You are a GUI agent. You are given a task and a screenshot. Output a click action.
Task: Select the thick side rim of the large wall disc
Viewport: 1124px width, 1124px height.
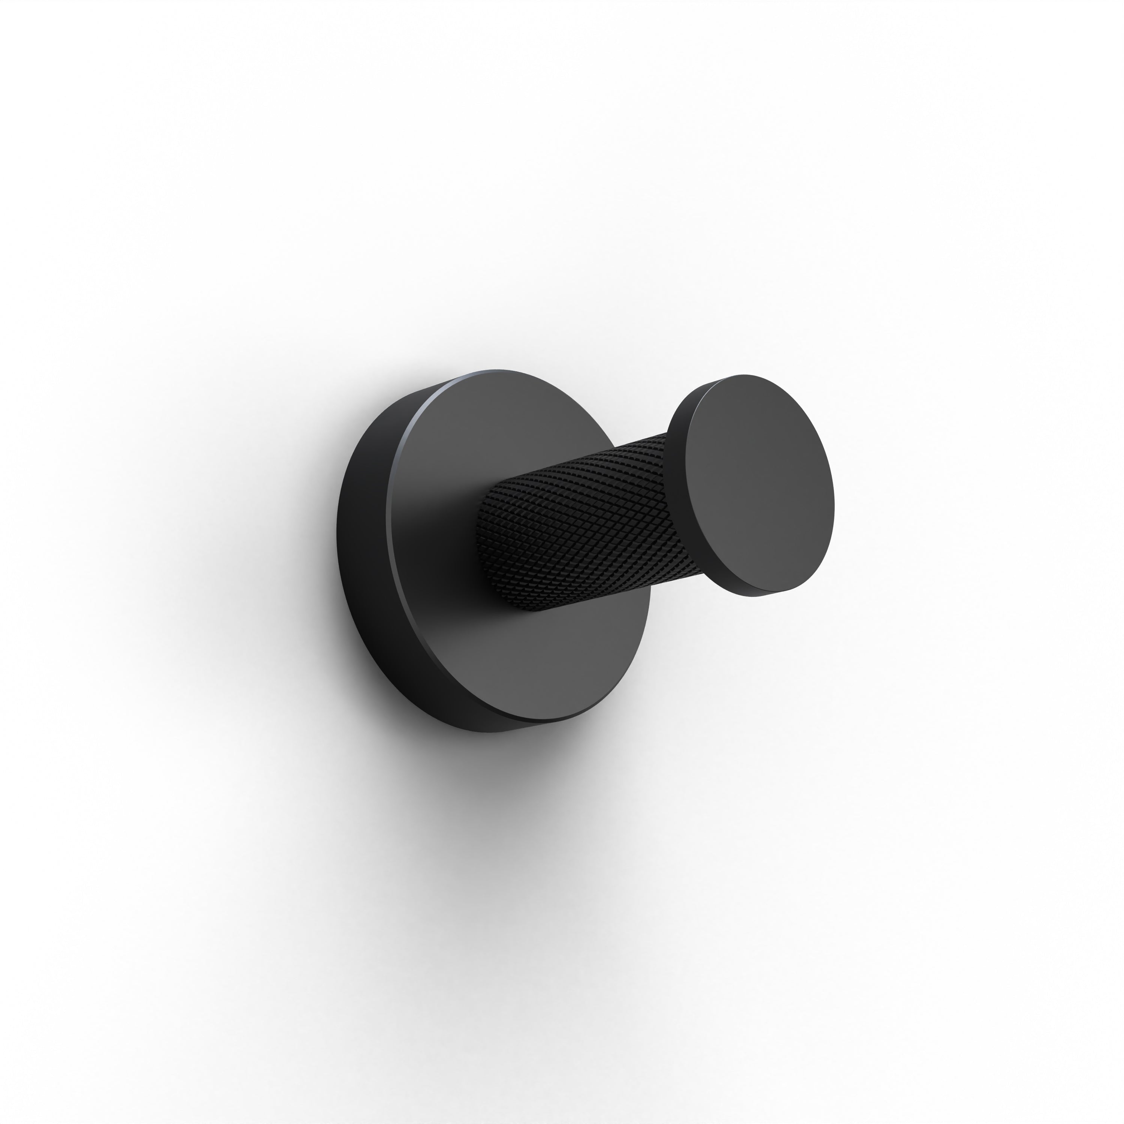tap(363, 553)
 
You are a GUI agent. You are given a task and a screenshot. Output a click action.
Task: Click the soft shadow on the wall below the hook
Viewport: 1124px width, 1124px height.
tap(495, 826)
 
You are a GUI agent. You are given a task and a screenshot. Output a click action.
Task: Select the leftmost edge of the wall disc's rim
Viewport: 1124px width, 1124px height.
tap(338, 541)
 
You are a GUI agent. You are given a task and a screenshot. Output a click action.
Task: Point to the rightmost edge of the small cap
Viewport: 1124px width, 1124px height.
tap(834, 500)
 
